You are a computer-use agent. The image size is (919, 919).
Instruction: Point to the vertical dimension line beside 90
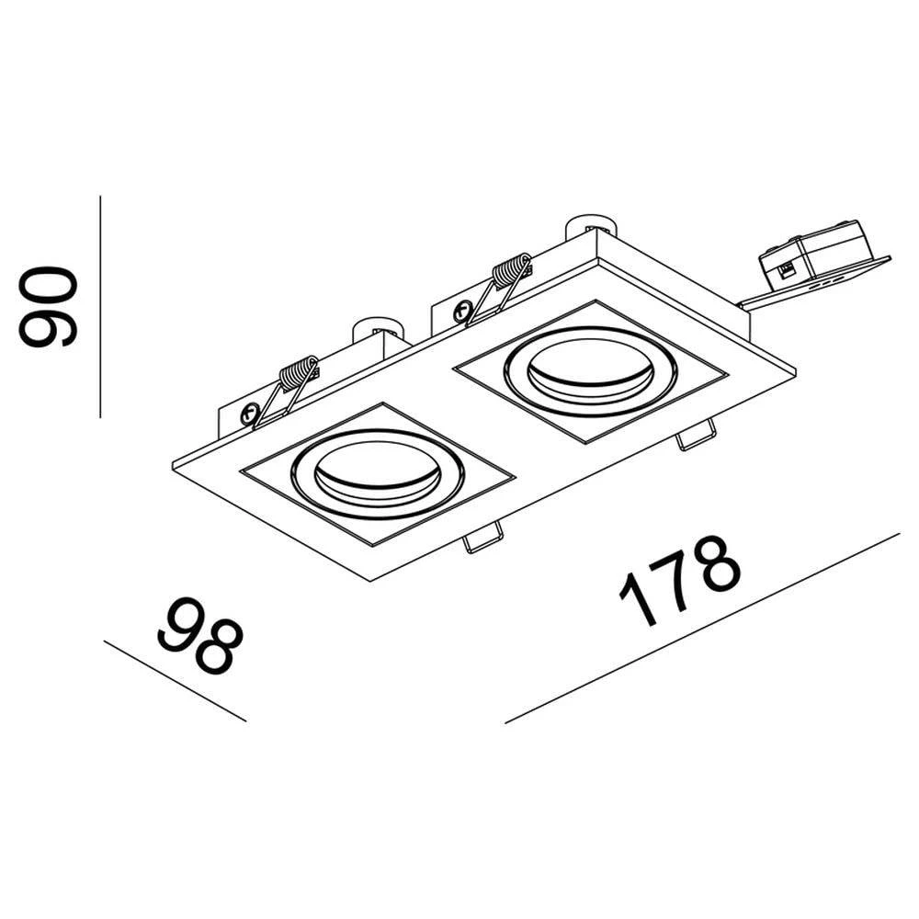click(99, 306)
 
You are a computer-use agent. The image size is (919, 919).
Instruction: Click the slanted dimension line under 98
click(175, 681)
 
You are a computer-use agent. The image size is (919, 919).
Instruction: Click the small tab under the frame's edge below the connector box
click(697, 435)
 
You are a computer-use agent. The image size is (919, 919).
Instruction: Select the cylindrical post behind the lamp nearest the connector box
click(587, 224)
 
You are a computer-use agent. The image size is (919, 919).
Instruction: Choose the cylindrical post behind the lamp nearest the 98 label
click(376, 327)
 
